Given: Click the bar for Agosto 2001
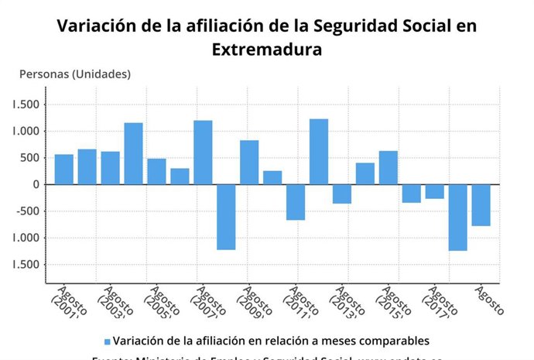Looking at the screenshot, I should pos(63,170).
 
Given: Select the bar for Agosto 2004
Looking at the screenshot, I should pos(133,153).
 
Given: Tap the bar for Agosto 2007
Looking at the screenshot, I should pos(203,153).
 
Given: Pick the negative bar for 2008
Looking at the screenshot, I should pos(226,217).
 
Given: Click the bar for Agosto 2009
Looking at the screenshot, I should pos(249,163).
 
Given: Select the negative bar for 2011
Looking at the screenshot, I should pos(296,202).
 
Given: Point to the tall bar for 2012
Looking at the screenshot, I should pos(319,152).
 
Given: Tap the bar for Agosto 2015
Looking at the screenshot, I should pos(389,168).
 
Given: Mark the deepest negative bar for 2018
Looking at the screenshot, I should pos(458,218).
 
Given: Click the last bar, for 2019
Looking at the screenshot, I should pos(481,205).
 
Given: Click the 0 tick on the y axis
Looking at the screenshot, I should pos(36,184).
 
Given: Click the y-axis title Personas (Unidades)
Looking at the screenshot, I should pos(74,74).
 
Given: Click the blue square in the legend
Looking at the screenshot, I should pos(107,341).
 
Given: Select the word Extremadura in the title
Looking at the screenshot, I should pos(266,50).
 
